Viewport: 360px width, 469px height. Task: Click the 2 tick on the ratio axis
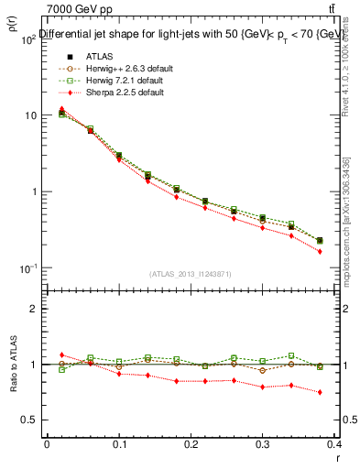click(x=32, y=309)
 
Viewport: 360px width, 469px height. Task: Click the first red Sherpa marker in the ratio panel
click(x=61, y=354)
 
